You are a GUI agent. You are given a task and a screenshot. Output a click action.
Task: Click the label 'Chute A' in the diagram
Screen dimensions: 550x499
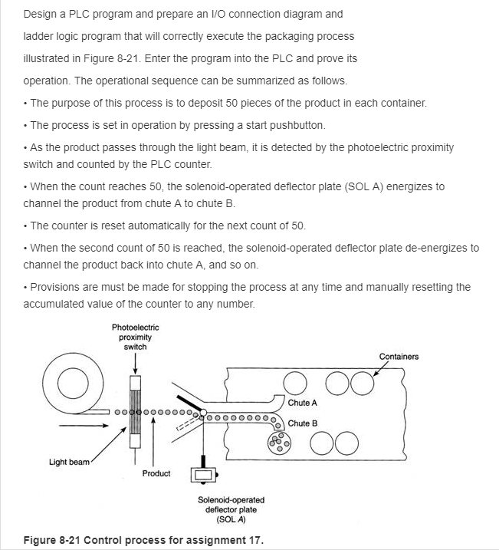pos(302,403)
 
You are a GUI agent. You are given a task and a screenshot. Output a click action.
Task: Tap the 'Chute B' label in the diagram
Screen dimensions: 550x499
pos(302,423)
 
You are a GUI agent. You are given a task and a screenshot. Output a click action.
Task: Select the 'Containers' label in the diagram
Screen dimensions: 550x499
pos(399,356)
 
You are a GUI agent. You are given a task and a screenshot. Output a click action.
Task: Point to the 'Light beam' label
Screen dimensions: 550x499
pos(70,462)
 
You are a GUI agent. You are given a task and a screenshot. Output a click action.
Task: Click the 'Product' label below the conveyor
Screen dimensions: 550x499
pos(156,473)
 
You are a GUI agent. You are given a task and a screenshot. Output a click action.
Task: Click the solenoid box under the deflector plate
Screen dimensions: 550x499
pos(203,475)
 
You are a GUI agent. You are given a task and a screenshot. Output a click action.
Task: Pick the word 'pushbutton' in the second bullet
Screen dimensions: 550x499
pos(300,125)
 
